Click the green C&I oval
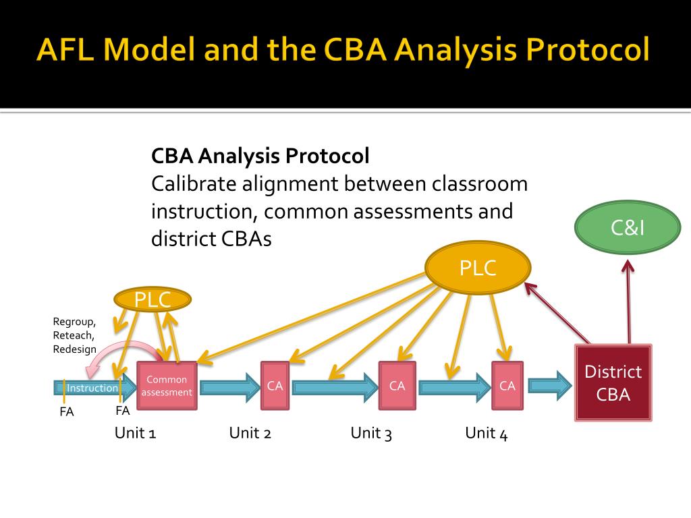(628, 229)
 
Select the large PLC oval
(478, 268)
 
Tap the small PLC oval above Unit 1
(152, 299)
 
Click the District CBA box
(613, 382)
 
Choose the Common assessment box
(167, 386)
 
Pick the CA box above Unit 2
(275, 386)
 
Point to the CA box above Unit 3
(397, 386)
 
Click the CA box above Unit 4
(507, 386)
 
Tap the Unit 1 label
(135, 433)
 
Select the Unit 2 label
(250, 433)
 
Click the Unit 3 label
(371, 433)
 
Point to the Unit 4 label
(486, 433)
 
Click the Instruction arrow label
(92, 388)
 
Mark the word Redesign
(74, 349)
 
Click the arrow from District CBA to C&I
(628, 304)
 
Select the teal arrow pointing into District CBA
(549, 386)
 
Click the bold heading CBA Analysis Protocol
(260, 156)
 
